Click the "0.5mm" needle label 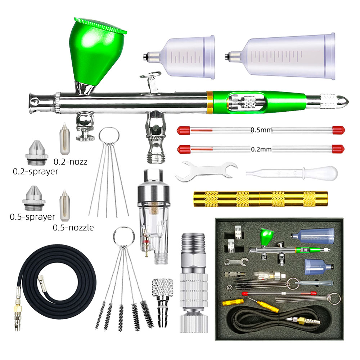[x=261, y=130]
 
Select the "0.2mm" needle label [x=261, y=149]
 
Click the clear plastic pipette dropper [x=292, y=173]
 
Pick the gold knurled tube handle [x=261, y=199]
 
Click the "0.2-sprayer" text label [x=35, y=171]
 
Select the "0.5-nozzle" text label [x=73, y=228]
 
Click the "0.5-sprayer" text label [x=32, y=217]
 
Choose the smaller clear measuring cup [x=179, y=57]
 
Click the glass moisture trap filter [x=153, y=216]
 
